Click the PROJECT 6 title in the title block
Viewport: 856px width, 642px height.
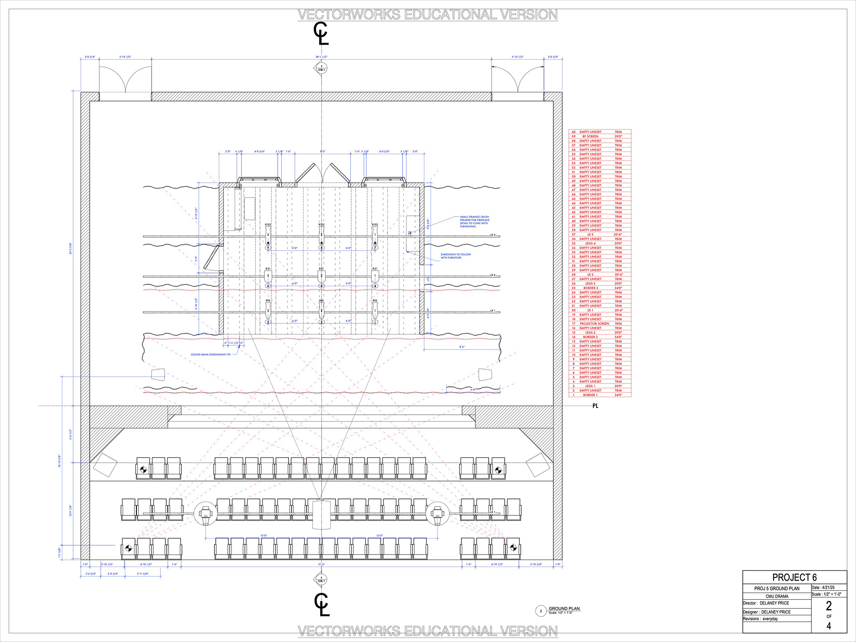tap(794, 577)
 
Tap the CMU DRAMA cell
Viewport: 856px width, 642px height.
tap(777, 596)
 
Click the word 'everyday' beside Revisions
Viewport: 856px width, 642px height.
tap(770, 619)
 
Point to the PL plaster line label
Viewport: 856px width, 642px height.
tap(595, 406)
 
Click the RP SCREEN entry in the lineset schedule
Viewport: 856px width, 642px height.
tap(590, 136)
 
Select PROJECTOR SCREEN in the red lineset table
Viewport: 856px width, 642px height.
tap(594, 324)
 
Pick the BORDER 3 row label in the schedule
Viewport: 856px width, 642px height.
tap(590, 288)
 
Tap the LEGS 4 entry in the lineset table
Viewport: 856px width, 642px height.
tap(590, 243)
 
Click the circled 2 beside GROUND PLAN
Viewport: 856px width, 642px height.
tap(541, 611)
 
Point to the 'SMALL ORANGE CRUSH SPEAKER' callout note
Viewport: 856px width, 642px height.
tap(474, 222)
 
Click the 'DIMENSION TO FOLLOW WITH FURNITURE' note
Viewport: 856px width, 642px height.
tap(456, 256)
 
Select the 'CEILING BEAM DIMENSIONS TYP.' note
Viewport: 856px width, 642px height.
tap(211, 354)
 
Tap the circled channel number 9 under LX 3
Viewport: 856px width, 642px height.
tap(268, 248)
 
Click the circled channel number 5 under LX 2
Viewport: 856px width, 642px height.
tap(321, 286)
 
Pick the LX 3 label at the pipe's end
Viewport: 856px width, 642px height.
tap(493, 235)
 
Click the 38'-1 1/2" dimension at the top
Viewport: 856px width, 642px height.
tap(321, 57)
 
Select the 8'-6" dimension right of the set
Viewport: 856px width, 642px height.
tap(462, 346)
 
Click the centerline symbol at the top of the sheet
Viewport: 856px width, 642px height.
tap(321, 33)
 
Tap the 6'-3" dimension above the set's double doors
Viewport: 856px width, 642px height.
tap(322, 152)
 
